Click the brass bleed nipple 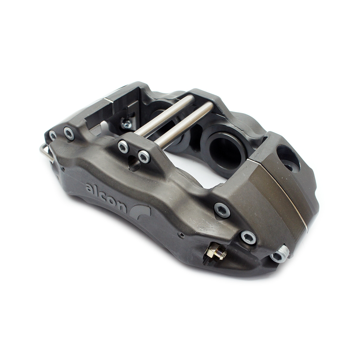pyautogui.click(x=216, y=252)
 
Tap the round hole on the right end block pyautogui.click(x=288, y=158)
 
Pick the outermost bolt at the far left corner pyautogui.click(x=53, y=135)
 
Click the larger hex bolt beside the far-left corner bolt pyautogui.click(x=69, y=134)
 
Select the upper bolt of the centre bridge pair pyautogui.click(x=123, y=146)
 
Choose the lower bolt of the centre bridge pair pyautogui.click(x=144, y=157)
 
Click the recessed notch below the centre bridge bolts pyautogui.click(x=134, y=165)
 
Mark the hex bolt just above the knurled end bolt pyautogui.click(x=248, y=237)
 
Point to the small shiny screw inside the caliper pyautogui.click(x=127, y=124)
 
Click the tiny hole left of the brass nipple pyautogui.click(x=181, y=235)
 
